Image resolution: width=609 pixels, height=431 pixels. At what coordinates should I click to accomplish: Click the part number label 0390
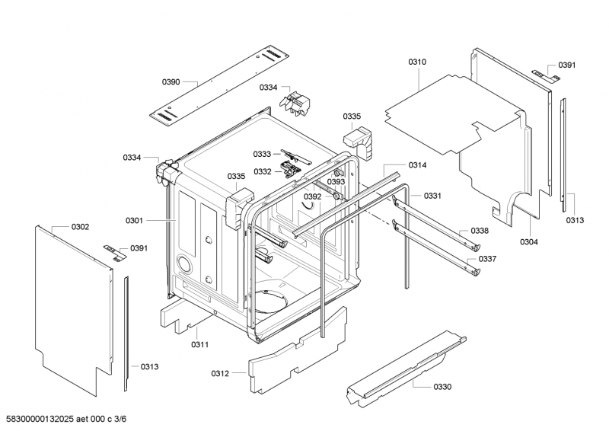171,81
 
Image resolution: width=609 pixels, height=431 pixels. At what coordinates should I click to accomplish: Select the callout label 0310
417,62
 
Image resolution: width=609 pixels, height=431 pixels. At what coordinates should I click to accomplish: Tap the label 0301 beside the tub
135,221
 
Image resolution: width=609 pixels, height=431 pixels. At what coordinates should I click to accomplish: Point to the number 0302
80,227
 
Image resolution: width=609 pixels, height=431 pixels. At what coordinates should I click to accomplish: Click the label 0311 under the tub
200,344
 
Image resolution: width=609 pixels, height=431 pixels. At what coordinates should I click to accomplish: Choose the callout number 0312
220,373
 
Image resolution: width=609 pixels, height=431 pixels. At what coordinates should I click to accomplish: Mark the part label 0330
442,387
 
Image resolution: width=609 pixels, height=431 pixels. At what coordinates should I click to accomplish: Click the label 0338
479,231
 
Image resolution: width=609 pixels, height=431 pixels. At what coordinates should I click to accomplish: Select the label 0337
487,259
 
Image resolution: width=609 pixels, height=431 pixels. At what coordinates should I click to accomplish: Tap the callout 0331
433,196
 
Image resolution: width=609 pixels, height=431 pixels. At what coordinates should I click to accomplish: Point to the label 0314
417,165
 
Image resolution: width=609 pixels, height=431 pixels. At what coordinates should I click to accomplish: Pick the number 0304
529,242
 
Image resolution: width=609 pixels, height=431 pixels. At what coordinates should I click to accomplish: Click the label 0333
262,154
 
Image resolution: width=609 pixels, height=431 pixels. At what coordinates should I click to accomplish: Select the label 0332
262,171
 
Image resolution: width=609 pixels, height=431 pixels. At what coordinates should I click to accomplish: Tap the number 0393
336,182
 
